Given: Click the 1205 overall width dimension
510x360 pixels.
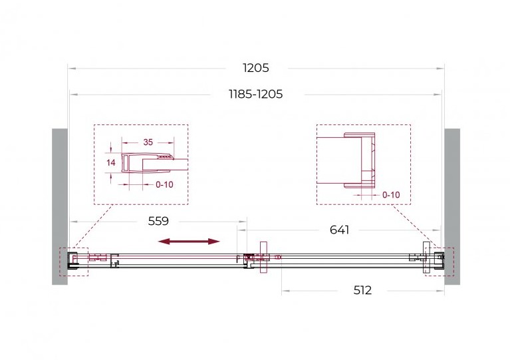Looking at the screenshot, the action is click(x=256, y=68).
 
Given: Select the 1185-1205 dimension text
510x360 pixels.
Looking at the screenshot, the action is click(x=256, y=94).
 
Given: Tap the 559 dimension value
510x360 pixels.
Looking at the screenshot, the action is click(x=158, y=222).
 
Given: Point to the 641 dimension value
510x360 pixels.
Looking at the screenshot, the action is click(x=340, y=230).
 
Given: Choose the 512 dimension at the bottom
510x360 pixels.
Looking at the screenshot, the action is click(x=362, y=290).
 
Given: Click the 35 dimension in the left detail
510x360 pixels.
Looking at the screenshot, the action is click(x=148, y=142).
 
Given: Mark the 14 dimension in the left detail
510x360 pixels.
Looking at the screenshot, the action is click(x=111, y=162).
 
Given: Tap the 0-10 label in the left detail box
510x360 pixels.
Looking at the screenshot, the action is click(x=164, y=184).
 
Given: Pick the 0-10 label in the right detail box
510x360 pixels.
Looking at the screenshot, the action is click(x=391, y=195).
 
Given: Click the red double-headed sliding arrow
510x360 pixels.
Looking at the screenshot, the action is click(x=189, y=242).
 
